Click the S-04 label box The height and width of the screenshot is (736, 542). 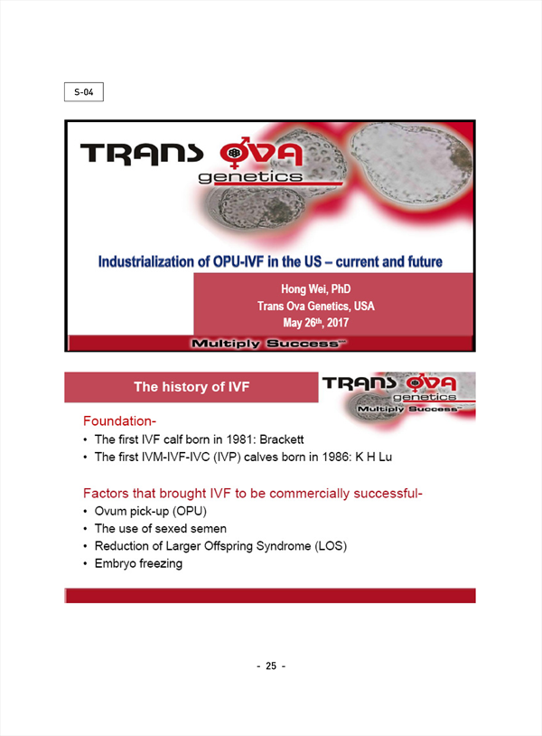pyautogui.click(x=84, y=92)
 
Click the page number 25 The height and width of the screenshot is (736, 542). pyautogui.click(x=271, y=665)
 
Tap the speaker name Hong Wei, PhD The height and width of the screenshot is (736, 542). pyautogui.click(x=316, y=288)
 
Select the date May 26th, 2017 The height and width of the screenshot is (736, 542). pyautogui.click(x=316, y=323)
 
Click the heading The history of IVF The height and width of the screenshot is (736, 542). pyautogui.click(x=192, y=387)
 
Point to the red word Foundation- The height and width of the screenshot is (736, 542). pyautogui.click(x=119, y=421)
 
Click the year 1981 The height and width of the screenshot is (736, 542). pyautogui.click(x=239, y=439)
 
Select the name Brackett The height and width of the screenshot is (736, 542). pyautogui.click(x=281, y=439)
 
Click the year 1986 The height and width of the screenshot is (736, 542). pyautogui.click(x=335, y=457)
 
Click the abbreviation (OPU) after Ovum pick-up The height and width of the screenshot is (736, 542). pyautogui.click(x=190, y=511)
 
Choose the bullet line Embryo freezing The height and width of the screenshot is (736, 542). pyautogui.click(x=138, y=563)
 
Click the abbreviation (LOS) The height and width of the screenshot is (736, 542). pyautogui.click(x=331, y=546)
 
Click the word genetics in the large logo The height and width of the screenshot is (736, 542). pyautogui.click(x=250, y=177)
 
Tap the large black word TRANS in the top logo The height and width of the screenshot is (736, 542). pyautogui.click(x=142, y=154)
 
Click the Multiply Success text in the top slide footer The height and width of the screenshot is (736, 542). pyautogui.click(x=268, y=344)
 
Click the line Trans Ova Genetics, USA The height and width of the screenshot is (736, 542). pyautogui.click(x=316, y=306)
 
